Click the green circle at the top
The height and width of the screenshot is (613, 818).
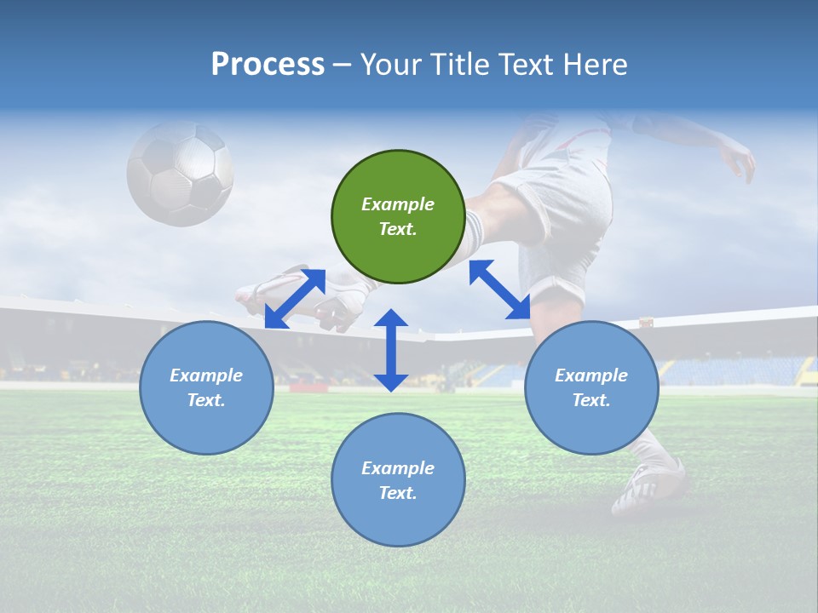coord(398,216)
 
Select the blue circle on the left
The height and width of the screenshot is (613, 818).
coord(206,387)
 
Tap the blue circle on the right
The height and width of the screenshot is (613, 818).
coord(591,387)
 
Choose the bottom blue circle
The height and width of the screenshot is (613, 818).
coord(398,480)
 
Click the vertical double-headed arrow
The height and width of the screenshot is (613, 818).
coord(391,350)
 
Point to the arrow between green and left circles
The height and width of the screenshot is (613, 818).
coord(295,298)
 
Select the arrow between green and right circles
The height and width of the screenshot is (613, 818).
coord(500,289)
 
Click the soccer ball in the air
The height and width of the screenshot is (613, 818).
coord(180,173)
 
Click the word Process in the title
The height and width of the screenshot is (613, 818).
coord(268,65)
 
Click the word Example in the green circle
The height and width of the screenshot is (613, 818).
coord(398,204)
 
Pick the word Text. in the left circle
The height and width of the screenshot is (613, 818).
coord(206,400)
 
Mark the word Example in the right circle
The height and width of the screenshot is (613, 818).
coord(591,375)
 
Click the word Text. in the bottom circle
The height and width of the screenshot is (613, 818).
coord(398,493)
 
